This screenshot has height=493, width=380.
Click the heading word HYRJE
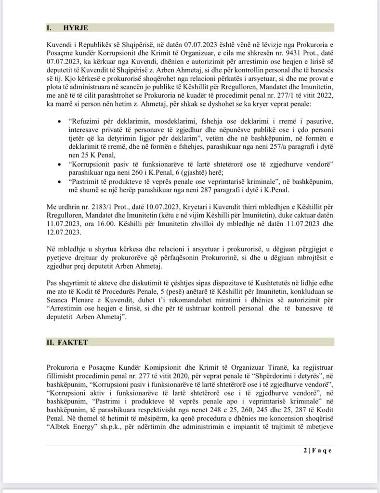click(75, 28)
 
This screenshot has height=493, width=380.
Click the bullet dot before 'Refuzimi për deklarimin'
click(59, 121)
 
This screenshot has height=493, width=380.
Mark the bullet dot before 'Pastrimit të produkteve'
click(59, 182)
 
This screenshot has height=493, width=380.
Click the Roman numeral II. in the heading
click(51, 342)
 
